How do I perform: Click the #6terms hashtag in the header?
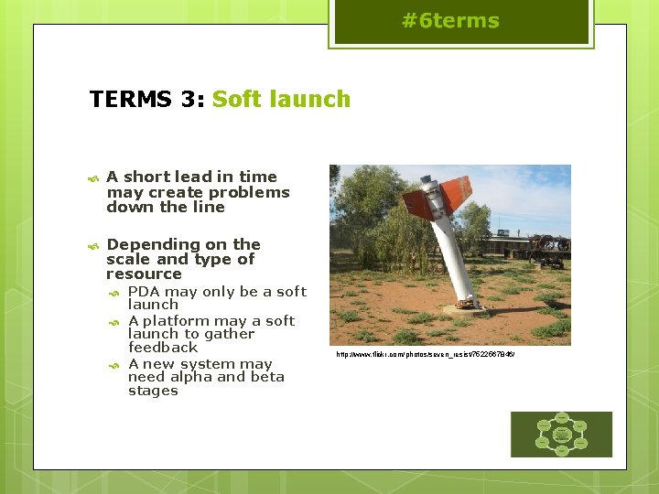point(450,21)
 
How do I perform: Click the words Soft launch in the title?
point(281,99)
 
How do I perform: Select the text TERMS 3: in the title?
point(147,99)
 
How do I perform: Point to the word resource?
point(144,274)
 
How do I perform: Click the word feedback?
point(163,348)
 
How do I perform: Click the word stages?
point(153,391)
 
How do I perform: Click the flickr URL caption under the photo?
point(425,353)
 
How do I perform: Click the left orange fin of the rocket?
point(418,204)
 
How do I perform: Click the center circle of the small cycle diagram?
point(561,434)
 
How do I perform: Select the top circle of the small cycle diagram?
point(561,417)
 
